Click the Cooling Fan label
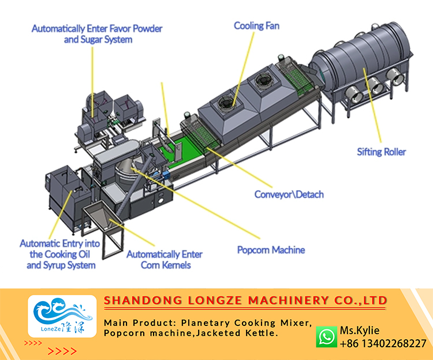257,26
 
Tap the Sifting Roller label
381,152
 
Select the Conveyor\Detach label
289,194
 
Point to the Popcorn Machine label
271,250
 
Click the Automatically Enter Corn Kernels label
165,260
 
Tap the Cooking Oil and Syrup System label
60,254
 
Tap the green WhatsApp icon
326,336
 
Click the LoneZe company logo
62,316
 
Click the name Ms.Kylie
360,331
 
